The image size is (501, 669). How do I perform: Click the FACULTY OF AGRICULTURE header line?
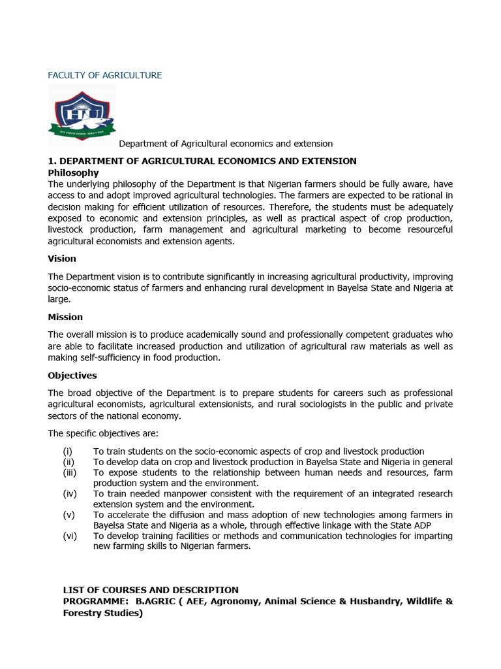tap(105, 75)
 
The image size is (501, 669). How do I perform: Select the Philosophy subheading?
tap(74, 172)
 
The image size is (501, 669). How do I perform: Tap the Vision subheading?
tap(62, 259)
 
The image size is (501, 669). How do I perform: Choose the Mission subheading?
tap(65, 317)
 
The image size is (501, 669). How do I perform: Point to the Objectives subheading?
tap(72, 376)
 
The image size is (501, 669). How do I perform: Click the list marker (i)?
tap(68, 451)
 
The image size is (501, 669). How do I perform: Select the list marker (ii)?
tap(68, 462)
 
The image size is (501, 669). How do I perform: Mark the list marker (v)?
tap(68, 515)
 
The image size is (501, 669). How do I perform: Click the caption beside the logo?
tap(225, 144)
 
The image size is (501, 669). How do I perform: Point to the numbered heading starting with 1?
tap(202, 161)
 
